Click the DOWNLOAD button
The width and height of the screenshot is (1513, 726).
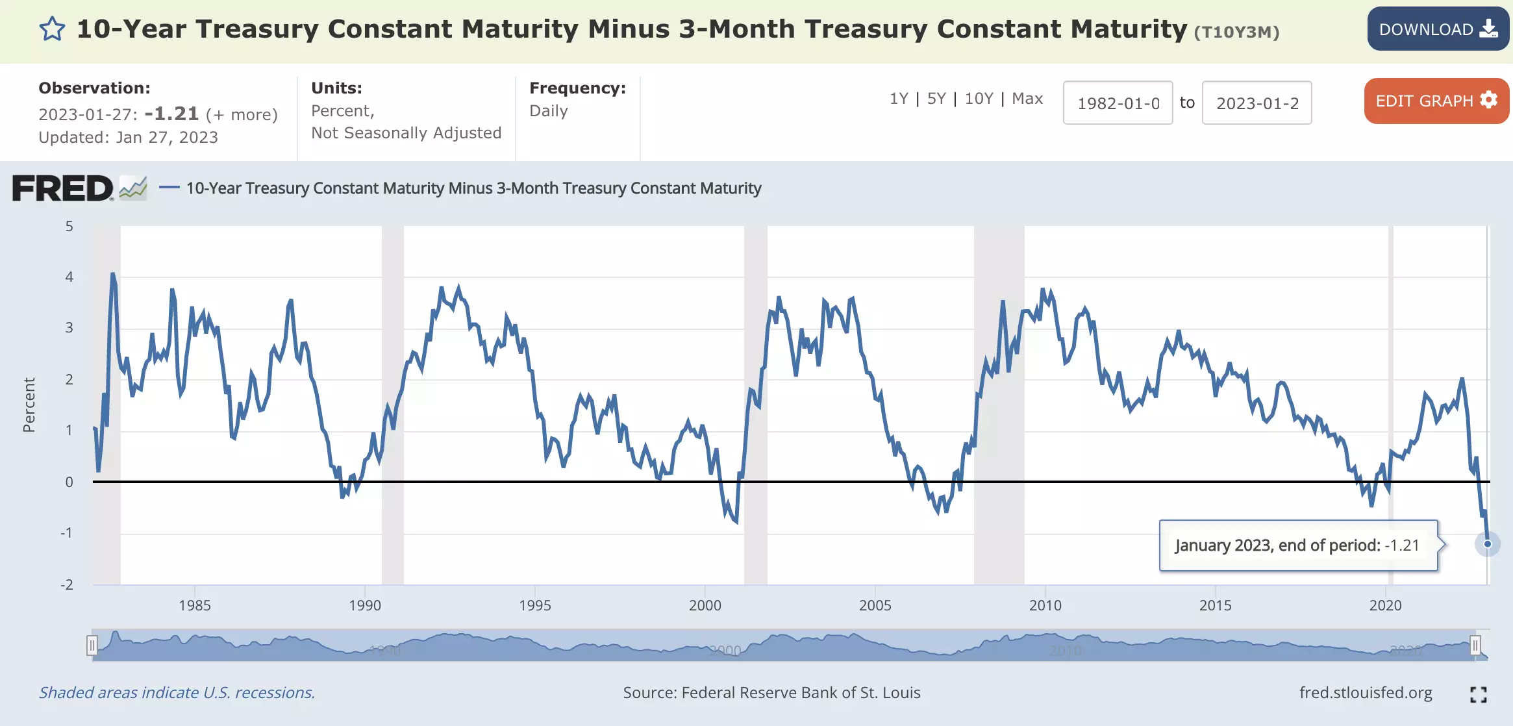(1438, 29)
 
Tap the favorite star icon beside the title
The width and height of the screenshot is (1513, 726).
(52, 29)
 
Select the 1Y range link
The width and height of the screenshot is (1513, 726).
(899, 99)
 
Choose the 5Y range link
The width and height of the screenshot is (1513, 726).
(936, 99)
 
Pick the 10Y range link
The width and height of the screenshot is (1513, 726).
(979, 99)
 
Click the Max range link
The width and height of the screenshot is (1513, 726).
(1027, 99)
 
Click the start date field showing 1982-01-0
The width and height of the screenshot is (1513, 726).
(1118, 103)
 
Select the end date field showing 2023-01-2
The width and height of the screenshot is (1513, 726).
(1257, 103)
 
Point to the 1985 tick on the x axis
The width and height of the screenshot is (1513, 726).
(195, 605)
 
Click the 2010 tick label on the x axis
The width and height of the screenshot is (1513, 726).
(1045, 605)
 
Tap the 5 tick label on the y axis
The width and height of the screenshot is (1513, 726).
(69, 227)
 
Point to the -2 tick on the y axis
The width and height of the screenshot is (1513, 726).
(67, 584)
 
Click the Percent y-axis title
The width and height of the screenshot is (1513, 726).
(29, 405)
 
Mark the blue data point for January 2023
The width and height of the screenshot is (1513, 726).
(1488, 544)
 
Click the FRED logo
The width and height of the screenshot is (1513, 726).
(63, 188)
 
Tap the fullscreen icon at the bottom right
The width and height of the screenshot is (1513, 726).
(1479, 695)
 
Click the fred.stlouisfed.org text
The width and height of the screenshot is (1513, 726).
(1366, 693)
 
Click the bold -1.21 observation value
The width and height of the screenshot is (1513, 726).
(171, 114)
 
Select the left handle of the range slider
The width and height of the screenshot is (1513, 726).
(92, 645)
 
